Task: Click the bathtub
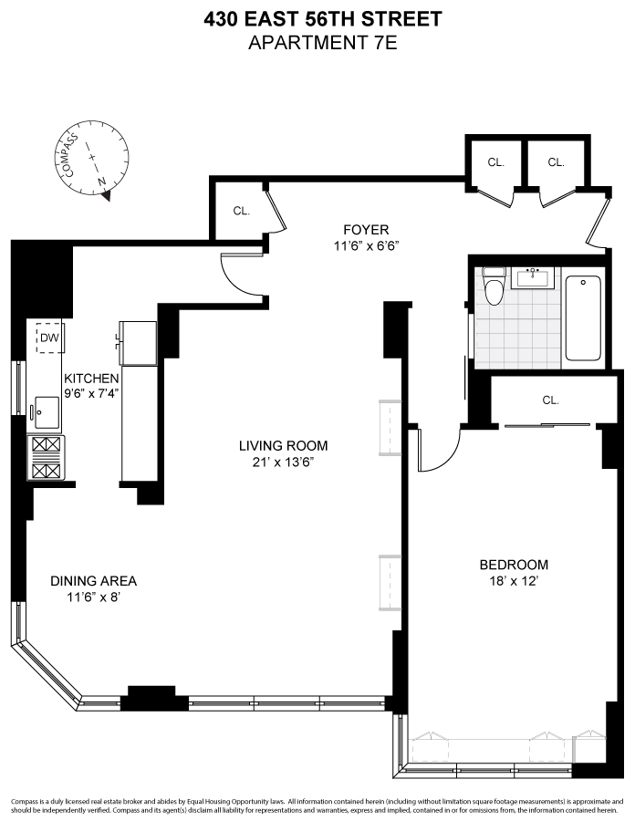pos(584,317)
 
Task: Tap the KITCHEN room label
pos(90,378)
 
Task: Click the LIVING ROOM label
pos(283,446)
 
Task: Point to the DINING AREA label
pos(93,580)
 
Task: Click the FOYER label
pos(366,230)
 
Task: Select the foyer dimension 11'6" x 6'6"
pos(367,245)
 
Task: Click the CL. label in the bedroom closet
pos(550,400)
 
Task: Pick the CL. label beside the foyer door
pos(241,211)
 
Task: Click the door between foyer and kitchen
pos(243,275)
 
